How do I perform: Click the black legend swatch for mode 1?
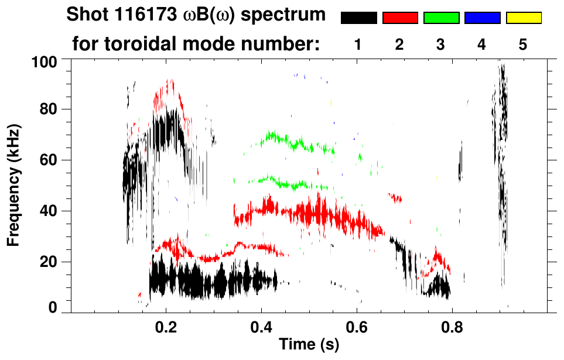pos(358,18)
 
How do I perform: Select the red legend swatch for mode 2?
pos(400,18)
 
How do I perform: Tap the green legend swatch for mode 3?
pos(441,18)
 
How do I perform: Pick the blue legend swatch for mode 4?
pos(482,18)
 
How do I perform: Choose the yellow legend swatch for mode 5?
pos(524,18)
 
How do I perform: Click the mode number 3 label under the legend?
pos(440,44)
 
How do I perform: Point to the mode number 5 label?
pos(523,44)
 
